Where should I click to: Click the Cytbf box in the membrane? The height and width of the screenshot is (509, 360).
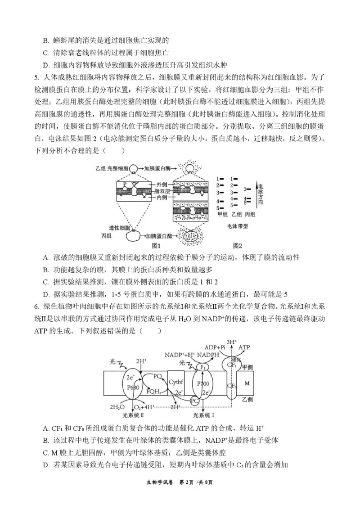(x=176, y=383)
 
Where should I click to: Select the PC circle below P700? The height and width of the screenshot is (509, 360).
(x=194, y=400)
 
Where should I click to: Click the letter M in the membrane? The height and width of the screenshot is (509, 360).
(x=246, y=383)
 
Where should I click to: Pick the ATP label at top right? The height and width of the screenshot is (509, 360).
(x=243, y=347)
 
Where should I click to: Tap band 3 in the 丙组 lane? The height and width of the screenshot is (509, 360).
(x=247, y=189)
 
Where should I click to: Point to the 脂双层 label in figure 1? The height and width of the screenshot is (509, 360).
(x=162, y=191)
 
